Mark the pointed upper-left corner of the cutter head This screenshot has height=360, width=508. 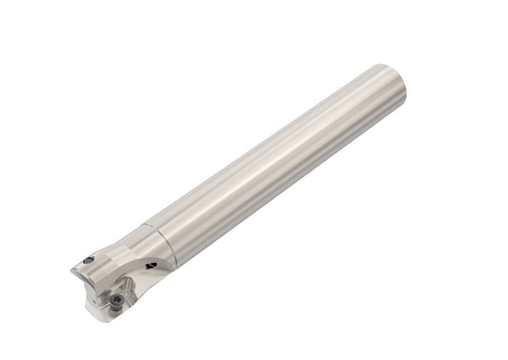click(x=73, y=270)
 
